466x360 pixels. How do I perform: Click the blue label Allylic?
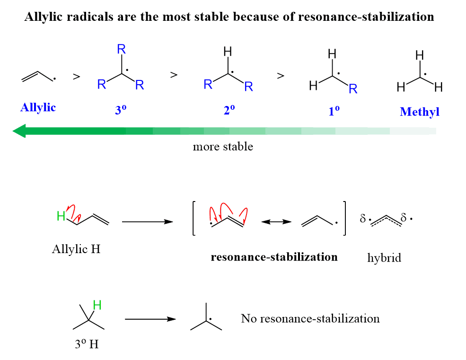tap(38, 108)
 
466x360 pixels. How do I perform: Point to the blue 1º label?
tap(334, 112)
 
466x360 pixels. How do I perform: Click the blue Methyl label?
tap(419, 112)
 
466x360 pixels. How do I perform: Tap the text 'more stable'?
tap(223, 147)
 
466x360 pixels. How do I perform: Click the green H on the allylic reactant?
tap(61, 217)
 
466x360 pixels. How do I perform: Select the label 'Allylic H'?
tap(76, 249)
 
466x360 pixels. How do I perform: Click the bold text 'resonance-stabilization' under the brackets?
tap(274, 257)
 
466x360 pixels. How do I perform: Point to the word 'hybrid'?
tap(384, 258)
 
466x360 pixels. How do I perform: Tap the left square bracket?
tap(194, 218)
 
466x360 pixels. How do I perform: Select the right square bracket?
tap(345, 218)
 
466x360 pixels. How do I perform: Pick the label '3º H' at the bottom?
tap(87, 344)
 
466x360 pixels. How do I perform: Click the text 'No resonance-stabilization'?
tap(310, 318)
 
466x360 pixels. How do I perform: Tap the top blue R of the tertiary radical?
tap(121, 49)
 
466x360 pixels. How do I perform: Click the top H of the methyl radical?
tap(419, 55)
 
